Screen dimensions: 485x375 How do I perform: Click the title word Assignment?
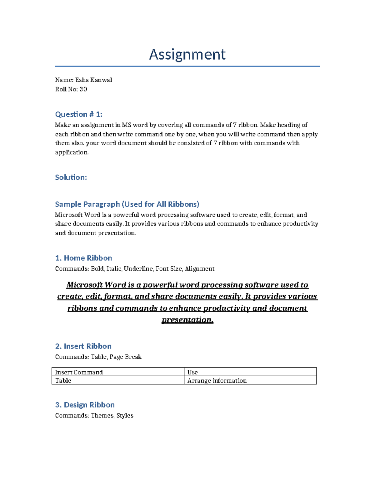(187, 54)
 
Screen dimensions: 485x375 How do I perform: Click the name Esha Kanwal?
(94, 80)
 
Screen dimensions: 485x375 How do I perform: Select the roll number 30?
(83, 89)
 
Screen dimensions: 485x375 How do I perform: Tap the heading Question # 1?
(79, 114)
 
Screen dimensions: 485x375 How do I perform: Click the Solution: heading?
(71, 177)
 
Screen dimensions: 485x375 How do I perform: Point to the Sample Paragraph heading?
(127, 204)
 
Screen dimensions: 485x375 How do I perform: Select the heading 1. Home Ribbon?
(83, 258)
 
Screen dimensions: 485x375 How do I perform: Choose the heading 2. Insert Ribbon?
(83, 346)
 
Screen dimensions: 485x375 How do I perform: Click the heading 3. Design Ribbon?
(85, 405)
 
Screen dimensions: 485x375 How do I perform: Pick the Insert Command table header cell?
(79, 372)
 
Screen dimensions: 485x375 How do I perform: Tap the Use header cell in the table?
(192, 372)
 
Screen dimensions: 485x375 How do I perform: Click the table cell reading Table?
(63, 380)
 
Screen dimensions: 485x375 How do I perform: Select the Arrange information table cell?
(217, 380)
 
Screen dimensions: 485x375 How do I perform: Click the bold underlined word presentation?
(187, 320)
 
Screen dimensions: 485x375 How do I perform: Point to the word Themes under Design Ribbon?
(102, 415)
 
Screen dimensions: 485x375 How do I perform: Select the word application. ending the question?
(72, 152)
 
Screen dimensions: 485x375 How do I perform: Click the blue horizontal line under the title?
(187, 66)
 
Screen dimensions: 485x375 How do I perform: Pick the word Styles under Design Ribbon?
(125, 415)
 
